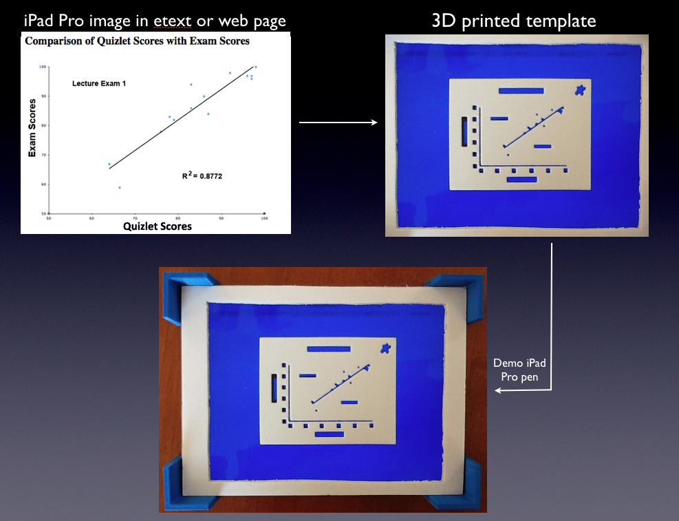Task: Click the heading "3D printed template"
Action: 514,21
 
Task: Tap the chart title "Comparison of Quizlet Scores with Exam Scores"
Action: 138,41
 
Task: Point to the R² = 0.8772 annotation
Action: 202,176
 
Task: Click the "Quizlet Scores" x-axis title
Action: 157,226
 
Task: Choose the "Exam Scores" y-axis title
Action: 32,128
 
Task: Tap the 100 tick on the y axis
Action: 43,67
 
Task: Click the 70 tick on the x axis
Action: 135,219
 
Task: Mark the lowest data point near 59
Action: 119,187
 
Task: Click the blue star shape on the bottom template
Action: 387,348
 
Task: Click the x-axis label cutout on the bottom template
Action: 329,434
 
